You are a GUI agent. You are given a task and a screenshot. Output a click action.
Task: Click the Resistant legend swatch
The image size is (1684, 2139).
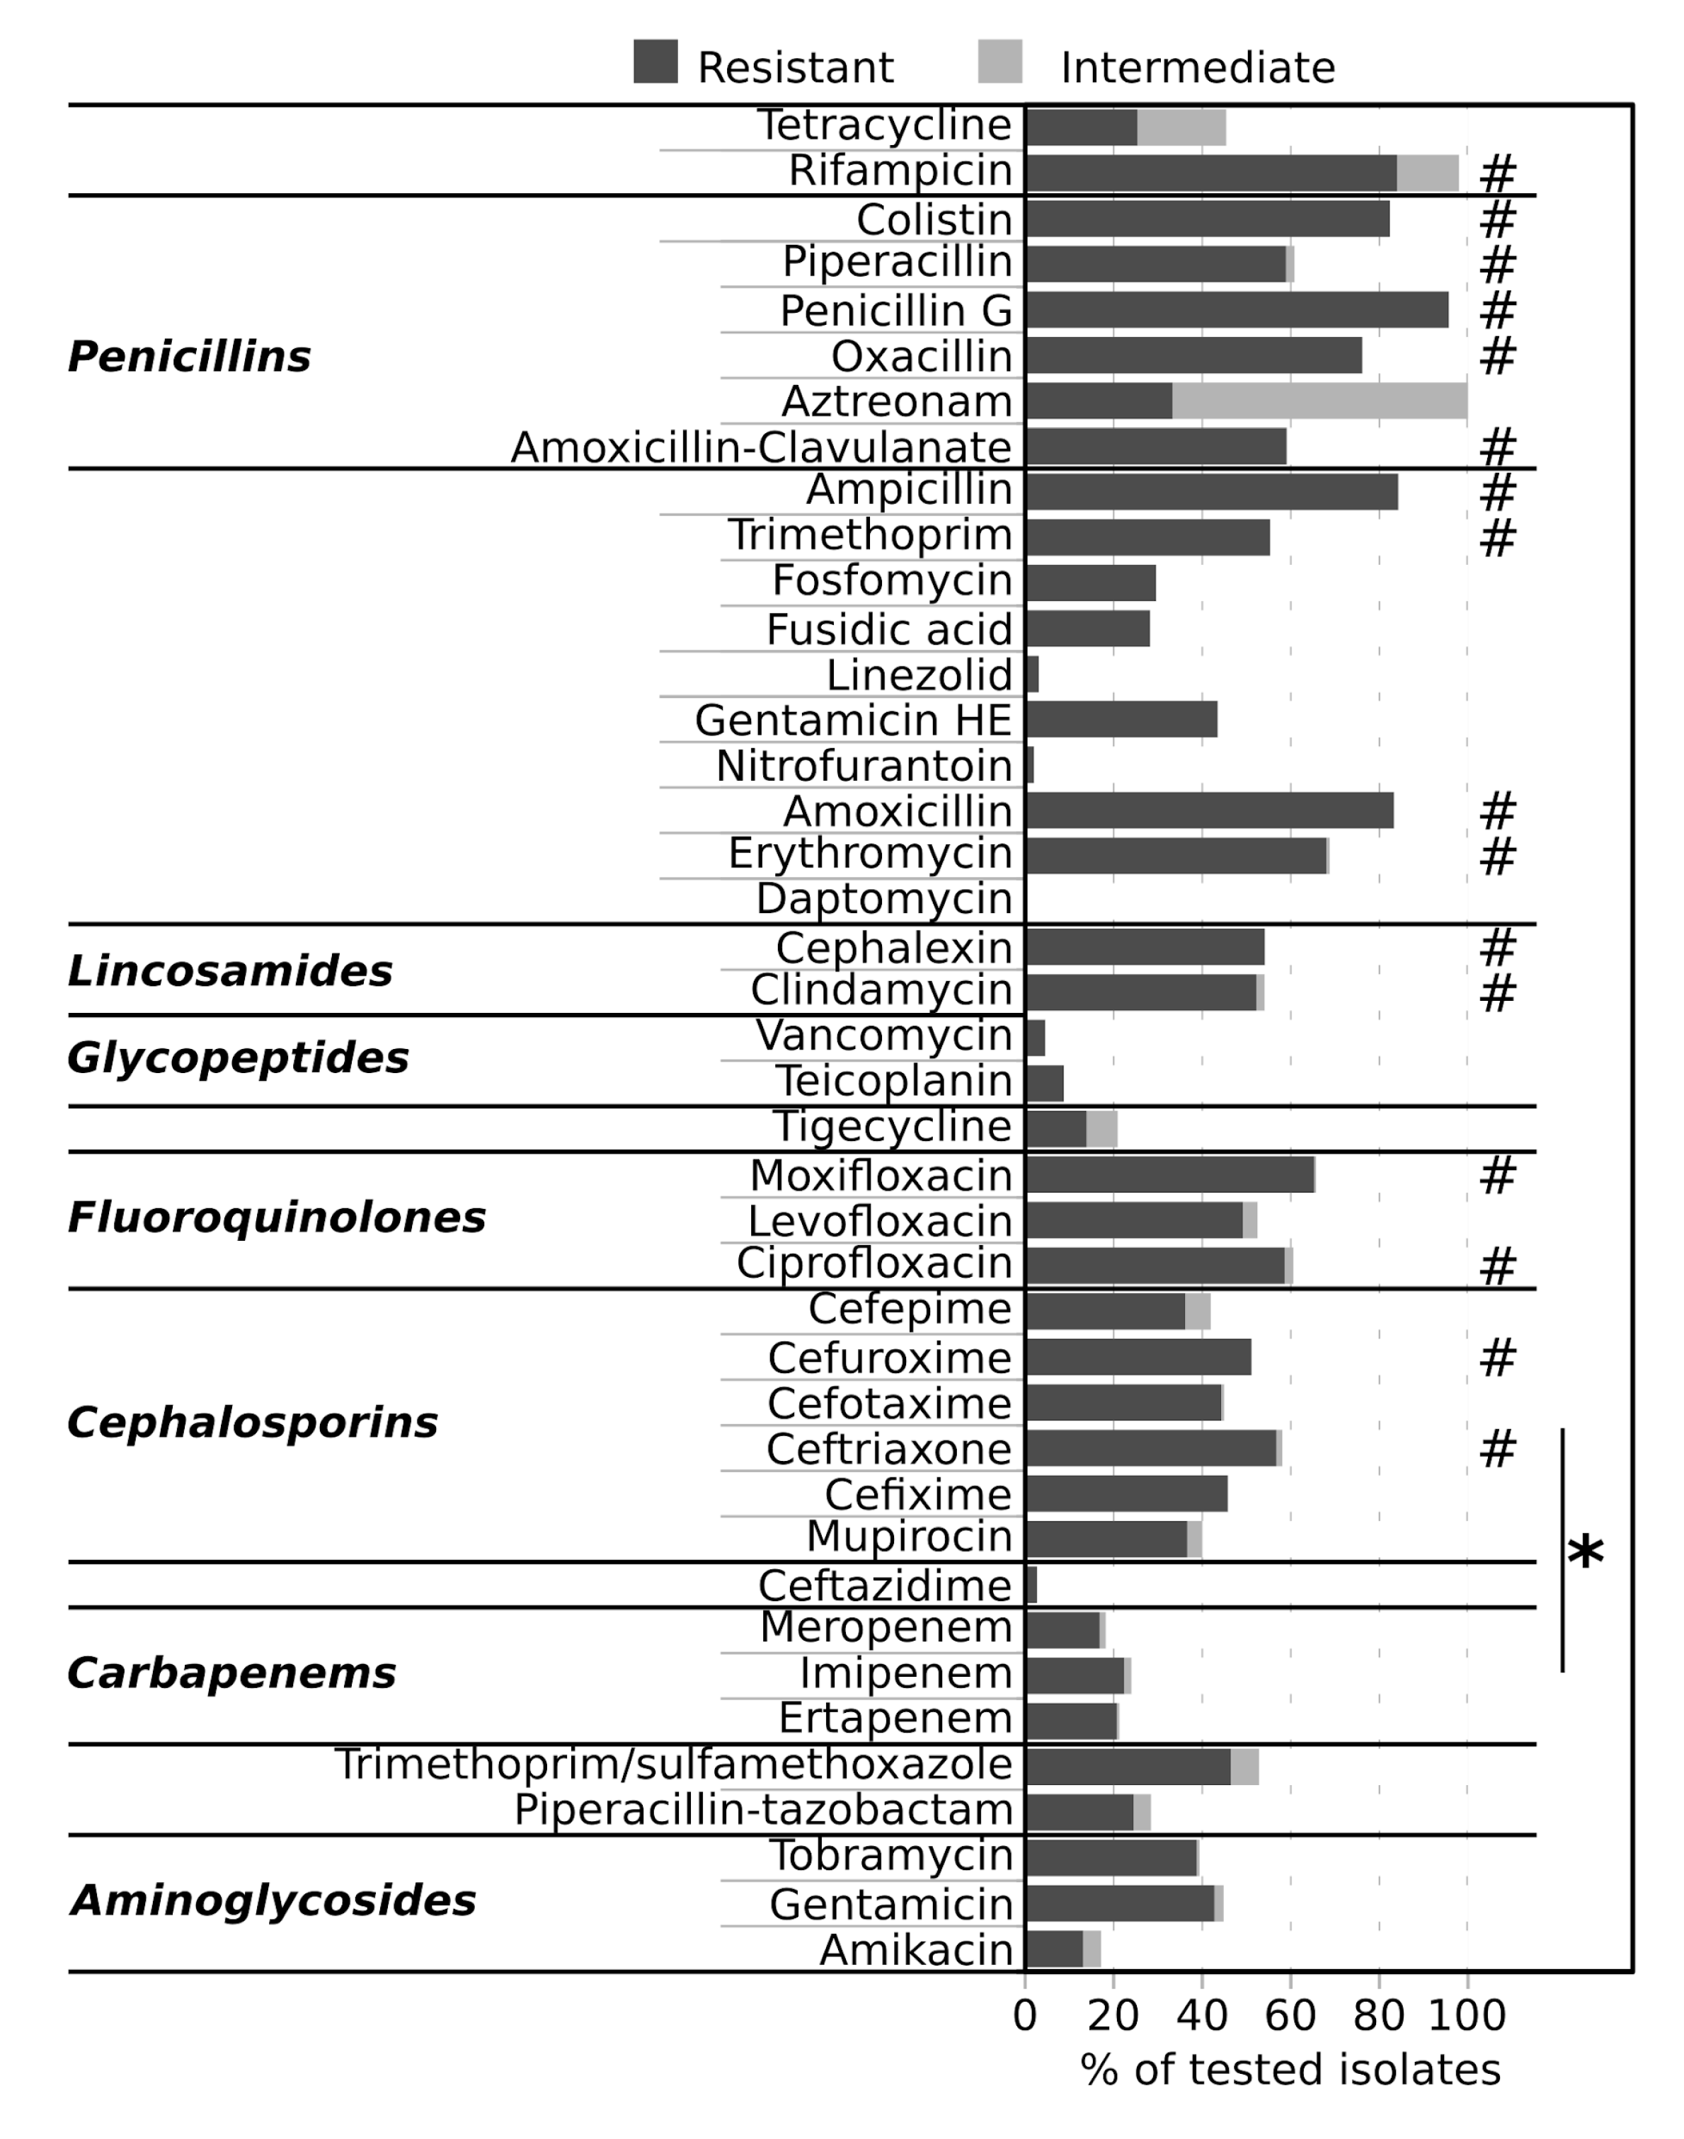click(655, 61)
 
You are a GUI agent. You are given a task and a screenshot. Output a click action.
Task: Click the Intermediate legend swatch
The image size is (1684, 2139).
click(999, 61)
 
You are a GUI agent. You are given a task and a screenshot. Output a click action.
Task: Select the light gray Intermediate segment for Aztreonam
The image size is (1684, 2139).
click(1319, 401)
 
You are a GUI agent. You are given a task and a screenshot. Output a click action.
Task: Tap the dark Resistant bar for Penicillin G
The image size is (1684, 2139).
click(1237, 309)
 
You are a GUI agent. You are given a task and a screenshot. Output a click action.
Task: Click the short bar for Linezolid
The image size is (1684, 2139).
click(1032, 675)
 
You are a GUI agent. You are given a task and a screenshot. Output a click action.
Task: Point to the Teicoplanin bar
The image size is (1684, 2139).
click(1045, 1083)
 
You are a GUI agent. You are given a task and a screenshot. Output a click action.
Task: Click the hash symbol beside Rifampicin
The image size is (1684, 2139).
click(1498, 174)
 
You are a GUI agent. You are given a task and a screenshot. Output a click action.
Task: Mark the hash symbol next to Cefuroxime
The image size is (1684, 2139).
click(1498, 1358)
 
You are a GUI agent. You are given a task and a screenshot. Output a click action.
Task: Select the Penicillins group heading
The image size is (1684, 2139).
click(188, 357)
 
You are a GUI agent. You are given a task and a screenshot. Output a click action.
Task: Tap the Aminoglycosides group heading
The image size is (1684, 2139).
click(273, 1900)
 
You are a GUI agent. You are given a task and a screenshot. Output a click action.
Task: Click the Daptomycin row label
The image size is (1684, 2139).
click(883, 899)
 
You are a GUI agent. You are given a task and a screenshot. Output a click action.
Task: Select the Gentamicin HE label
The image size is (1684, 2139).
click(853, 721)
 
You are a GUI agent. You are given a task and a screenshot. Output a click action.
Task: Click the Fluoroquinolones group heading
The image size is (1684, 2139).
click(276, 1218)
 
